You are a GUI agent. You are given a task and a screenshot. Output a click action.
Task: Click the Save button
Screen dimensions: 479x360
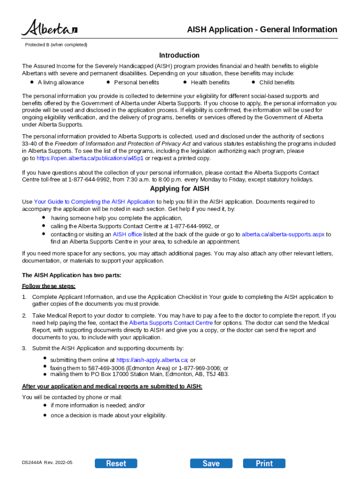point(211,463)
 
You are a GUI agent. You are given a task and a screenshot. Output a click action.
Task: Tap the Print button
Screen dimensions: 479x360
point(264,463)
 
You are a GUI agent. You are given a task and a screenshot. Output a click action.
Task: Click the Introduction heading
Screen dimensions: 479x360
point(179,55)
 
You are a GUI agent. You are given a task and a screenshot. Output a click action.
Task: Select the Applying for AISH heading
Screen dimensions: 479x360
point(179,189)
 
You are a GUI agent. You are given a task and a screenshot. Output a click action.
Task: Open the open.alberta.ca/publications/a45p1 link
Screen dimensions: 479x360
point(90,158)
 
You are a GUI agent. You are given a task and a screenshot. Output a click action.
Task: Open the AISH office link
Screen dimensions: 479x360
point(127,234)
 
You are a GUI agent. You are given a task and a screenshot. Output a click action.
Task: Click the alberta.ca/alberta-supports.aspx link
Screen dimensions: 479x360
point(283,234)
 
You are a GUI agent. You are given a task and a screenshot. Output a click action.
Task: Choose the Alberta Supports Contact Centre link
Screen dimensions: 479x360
point(171,323)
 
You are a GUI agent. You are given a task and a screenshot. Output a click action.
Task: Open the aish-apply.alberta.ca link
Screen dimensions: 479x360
point(151,360)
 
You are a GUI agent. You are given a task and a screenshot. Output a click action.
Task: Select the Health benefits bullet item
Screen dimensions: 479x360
point(210,82)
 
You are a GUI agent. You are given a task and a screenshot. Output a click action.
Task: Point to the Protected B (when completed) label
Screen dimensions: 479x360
point(56,45)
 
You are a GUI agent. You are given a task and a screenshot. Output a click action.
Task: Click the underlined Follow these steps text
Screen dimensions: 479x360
point(49,286)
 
